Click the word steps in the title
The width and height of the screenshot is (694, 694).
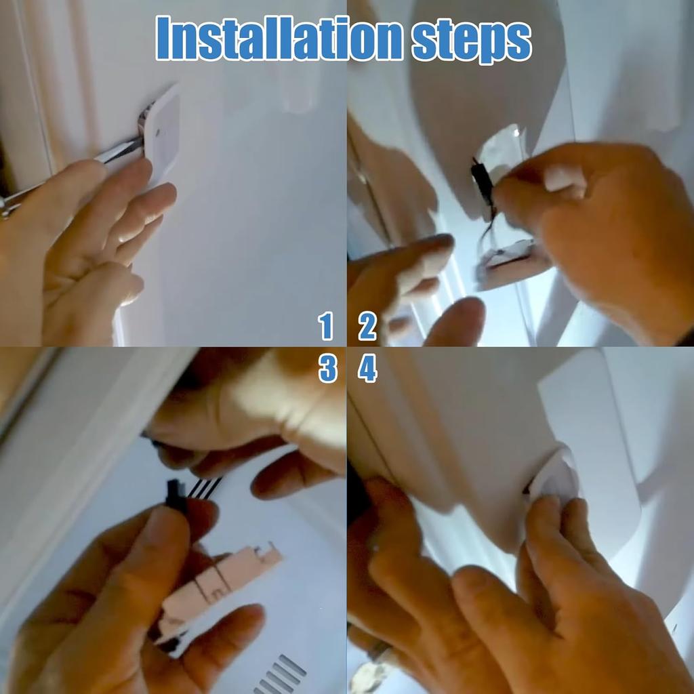coord(470,41)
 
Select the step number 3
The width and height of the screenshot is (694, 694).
coord(327,369)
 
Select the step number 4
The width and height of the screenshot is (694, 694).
coord(367,369)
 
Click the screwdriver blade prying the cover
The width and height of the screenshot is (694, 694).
coord(122,150)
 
